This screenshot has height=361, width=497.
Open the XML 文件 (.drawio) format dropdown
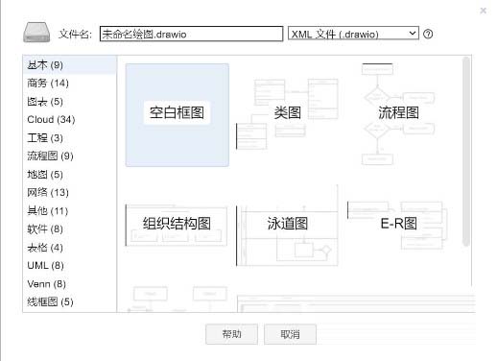353,33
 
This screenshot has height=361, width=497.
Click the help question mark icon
428,34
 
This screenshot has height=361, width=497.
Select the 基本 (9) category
44,65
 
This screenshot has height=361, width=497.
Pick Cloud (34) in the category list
52,120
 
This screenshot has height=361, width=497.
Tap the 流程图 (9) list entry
50,156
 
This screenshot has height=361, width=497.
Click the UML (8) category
45,265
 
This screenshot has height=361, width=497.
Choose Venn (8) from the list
45,283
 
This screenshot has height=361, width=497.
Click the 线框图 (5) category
50,301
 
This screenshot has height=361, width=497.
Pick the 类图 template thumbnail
288,113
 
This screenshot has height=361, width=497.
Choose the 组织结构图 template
177,224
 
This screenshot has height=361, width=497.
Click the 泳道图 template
288,224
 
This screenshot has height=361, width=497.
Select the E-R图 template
398,224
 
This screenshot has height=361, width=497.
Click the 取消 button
290,334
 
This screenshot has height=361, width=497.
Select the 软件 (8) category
44,229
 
